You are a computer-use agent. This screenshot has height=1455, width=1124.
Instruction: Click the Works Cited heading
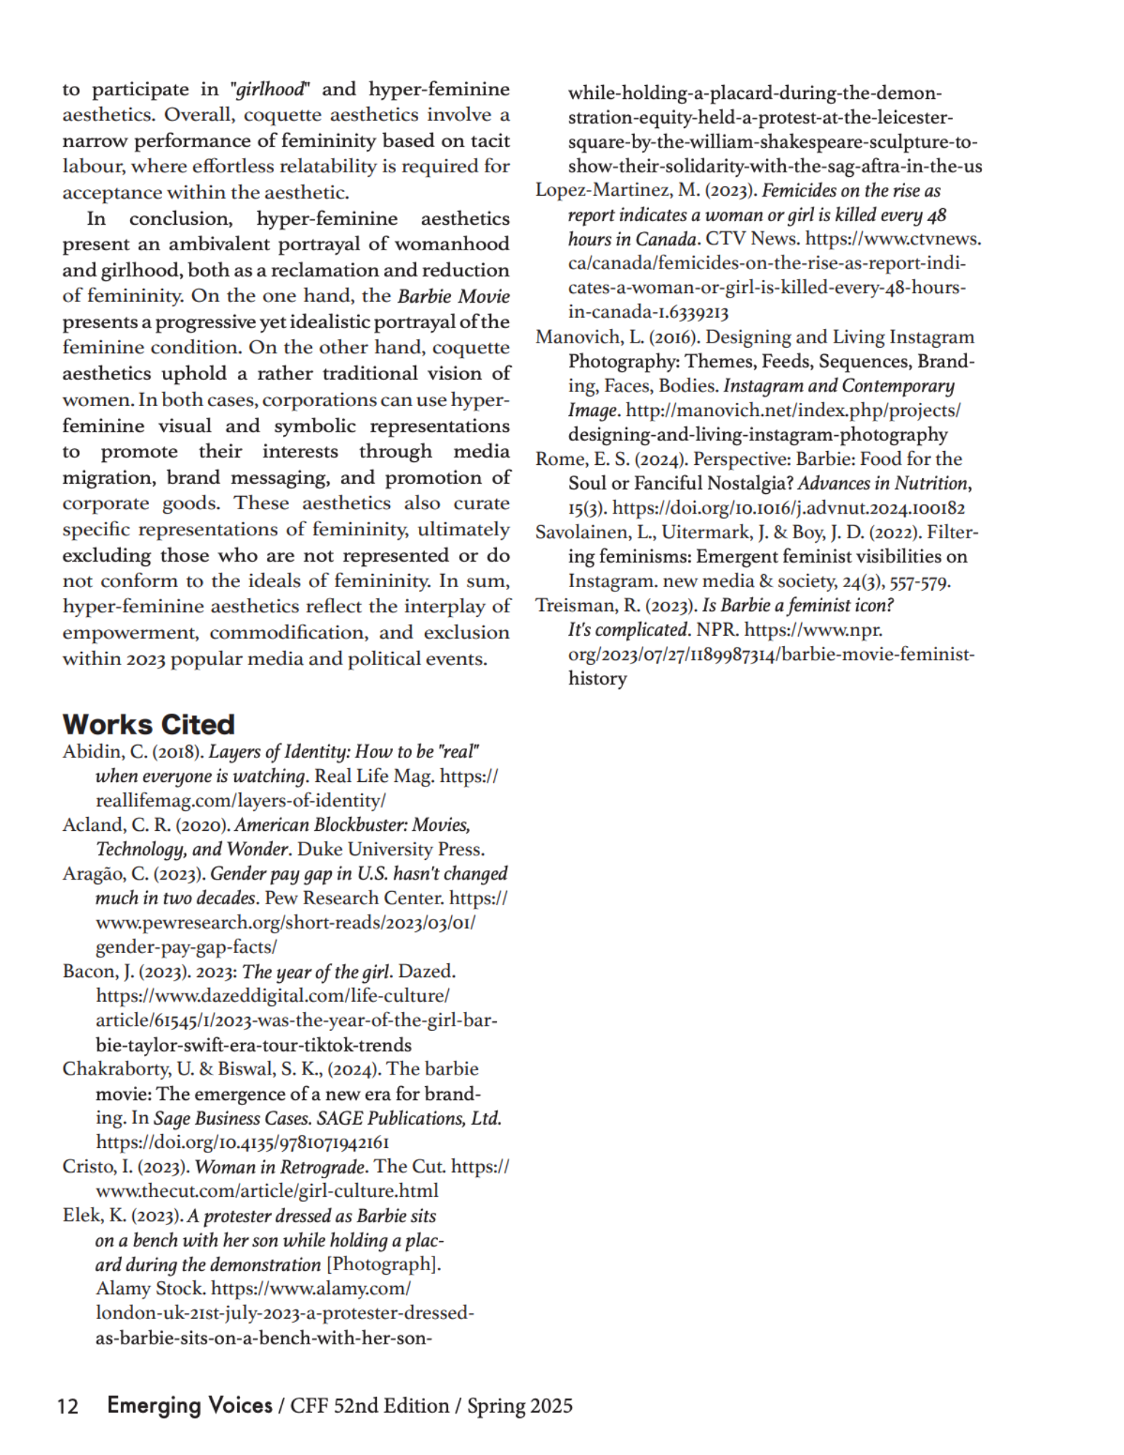point(148,724)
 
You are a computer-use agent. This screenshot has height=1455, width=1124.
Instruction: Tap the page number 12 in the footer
point(68,1406)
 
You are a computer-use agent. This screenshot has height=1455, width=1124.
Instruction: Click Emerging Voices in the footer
point(189,1405)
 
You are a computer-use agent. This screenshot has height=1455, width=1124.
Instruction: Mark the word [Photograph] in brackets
point(383,1264)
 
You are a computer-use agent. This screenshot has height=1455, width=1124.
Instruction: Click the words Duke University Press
point(391,849)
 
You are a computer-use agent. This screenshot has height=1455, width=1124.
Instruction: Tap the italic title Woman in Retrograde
point(280,1166)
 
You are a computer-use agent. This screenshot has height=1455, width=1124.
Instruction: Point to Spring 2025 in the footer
point(519,1406)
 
